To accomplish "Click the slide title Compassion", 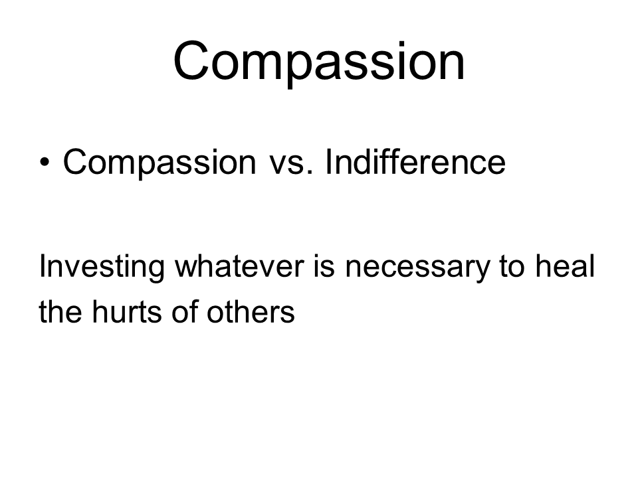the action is (x=319, y=61).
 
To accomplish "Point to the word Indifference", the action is (x=415, y=161).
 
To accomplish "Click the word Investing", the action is (x=102, y=268).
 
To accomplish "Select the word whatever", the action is (x=239, y=266).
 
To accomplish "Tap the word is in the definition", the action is (x=324, y=266).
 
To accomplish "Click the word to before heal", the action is (x=512, y=267).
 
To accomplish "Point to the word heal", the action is (x=565, y=266).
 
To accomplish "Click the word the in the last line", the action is (x=60, y=311).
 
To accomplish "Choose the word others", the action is (x=251, y=311).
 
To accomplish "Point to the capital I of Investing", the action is (x=42, y=266).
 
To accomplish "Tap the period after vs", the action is (x=311, y=173).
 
